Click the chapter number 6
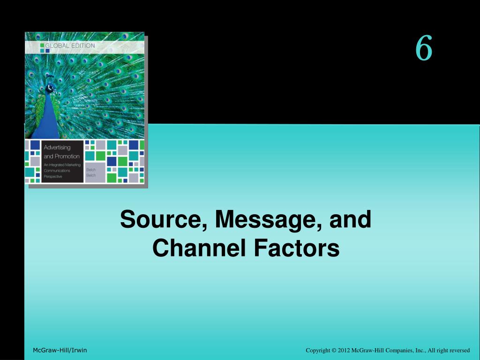click(423, 49)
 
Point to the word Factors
click(296, 248)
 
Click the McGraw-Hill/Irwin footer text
click(60, 351)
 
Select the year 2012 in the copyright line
click(345, 351)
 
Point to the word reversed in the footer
click(459, 351)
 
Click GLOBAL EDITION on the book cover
click(70, 45)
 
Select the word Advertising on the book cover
click(57, 147)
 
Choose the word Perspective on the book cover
click(53, 177)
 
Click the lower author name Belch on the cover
click(91, 175)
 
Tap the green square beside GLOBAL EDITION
click(42, 45)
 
